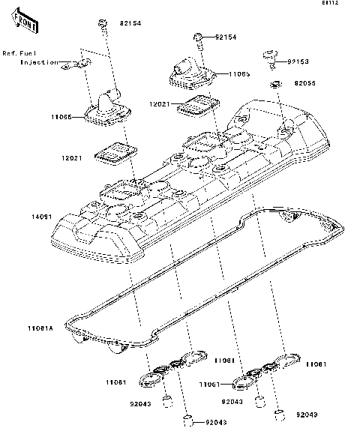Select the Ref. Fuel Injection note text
[29, 58]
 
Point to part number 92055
[305, 85]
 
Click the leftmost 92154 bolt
[101, 25]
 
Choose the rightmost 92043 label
[307, 414]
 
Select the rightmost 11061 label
[315, 364]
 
